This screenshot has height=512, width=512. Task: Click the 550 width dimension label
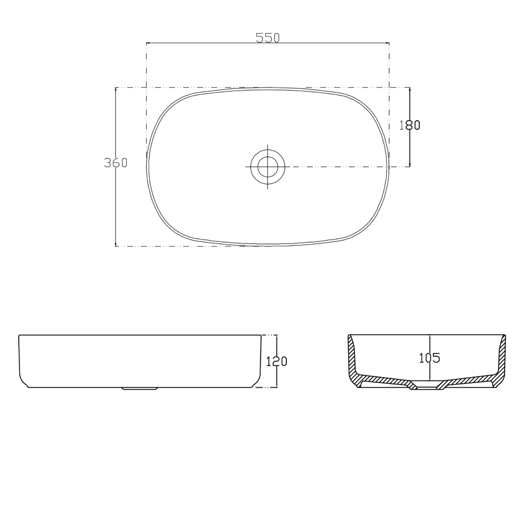click(x=267, y=38)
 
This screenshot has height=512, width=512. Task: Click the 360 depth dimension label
click(x=115, y=163)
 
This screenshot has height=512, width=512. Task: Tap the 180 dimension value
click(x=410, y=125)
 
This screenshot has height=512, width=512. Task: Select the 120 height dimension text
click(x=276, y=361)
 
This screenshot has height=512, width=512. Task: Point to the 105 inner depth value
click(x=430, y=358)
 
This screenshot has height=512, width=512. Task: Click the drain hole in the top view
click(x=267, y=167)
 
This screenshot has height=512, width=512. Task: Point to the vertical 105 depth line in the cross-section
click(x=430, y=341)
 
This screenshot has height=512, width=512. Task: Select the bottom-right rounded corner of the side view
click(x=258, y=383)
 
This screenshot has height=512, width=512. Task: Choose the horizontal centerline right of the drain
click(x=341, y=167)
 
